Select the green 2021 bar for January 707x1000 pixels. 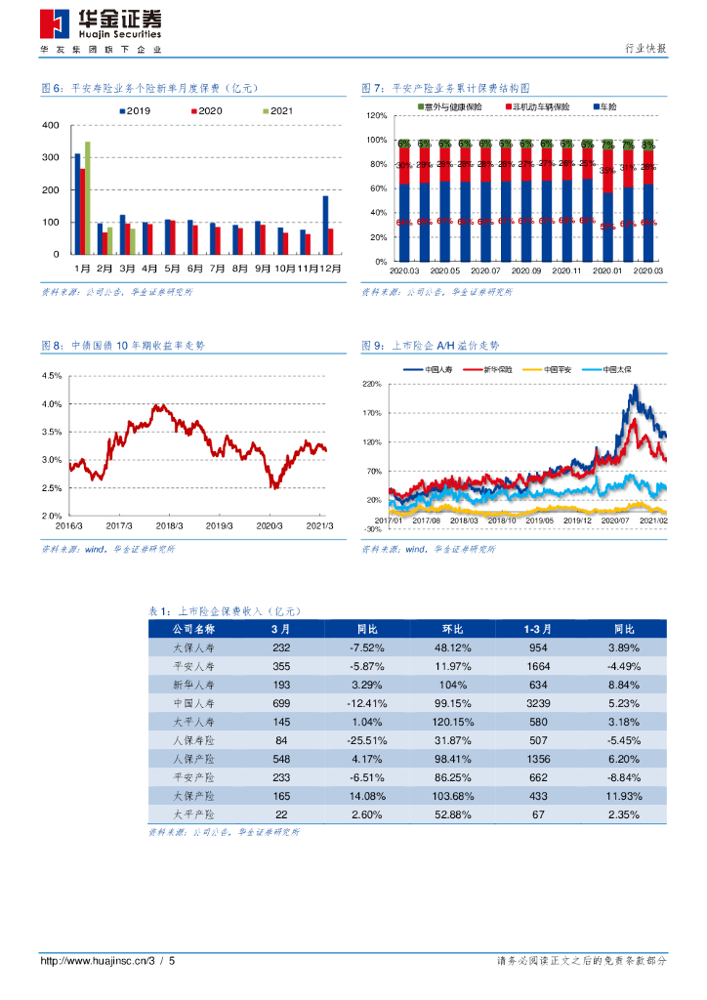(88, 197)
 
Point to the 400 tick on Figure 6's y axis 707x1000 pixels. (52, 127)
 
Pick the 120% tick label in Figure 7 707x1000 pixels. (376, 115)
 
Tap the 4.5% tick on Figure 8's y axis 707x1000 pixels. (51, 376)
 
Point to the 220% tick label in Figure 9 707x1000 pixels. (372, 385)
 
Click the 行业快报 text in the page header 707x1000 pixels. (645, 50)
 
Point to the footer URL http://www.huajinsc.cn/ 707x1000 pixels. (97, 961)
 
